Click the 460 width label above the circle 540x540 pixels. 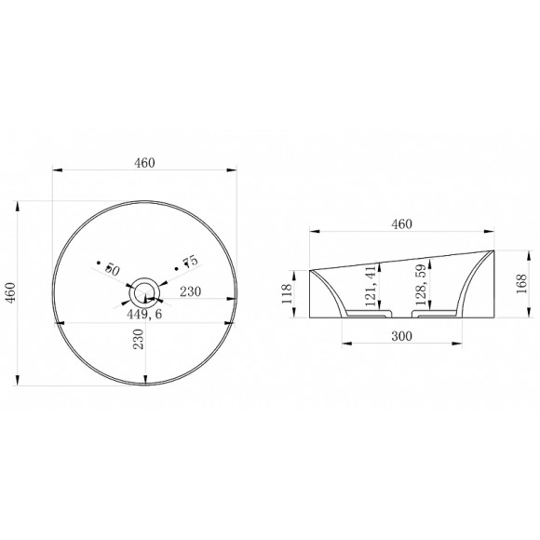click(144, 163)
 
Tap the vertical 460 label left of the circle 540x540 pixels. click(10, 292)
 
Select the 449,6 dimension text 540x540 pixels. click(144, 314)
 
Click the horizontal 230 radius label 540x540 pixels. click(190, 291)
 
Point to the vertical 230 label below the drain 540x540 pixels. click(138, 339)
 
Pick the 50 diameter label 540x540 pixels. click(113, 270)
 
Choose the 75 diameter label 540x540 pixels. click(191, 262)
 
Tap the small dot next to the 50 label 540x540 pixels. click(99, 263)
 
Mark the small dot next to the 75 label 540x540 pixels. click(176, 269)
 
